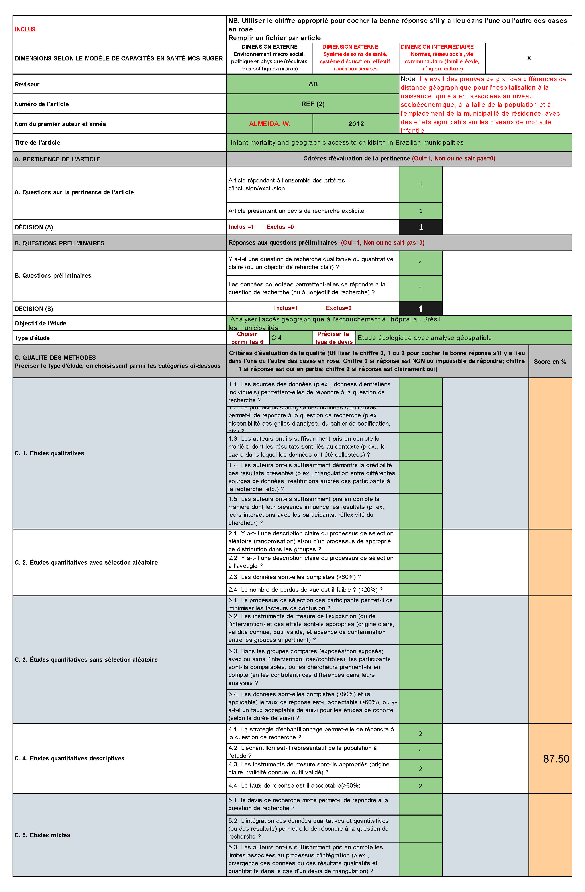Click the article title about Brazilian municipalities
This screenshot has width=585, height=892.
pos(347,142)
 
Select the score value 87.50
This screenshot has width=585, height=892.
pos(556,759)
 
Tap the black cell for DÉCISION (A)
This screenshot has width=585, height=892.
pos(420,227)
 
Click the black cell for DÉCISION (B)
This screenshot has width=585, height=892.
pos(420,308)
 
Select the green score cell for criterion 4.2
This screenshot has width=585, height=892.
pos(420,751)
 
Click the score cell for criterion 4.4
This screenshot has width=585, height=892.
pos(420,786)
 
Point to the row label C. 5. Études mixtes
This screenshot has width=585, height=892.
pos(42,835)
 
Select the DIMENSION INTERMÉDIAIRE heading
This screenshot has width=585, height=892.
pos(437,47)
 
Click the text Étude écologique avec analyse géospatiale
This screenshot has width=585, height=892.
pos(424,338)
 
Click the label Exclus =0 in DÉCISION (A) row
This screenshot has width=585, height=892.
pos(280,227)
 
